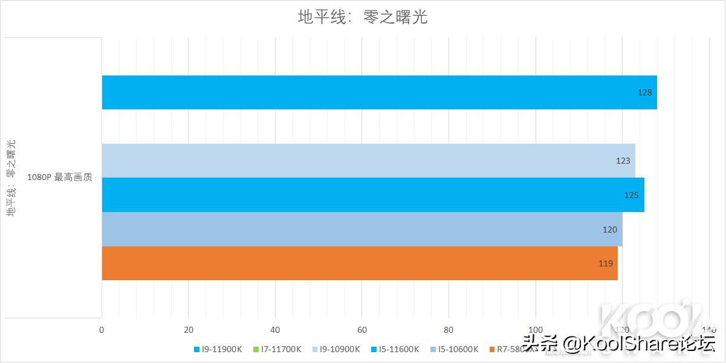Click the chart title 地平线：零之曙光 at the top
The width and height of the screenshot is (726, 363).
pos(363,16)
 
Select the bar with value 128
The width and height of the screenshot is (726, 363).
pos(379,92)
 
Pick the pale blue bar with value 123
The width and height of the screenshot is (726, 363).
pos(368,161)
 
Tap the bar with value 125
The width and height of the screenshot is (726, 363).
pos(372,195)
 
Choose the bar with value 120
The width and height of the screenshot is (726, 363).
pos(361,230)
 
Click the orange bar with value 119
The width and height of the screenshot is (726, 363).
pos(360,263)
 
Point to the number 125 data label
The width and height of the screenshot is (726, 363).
pos(630,195)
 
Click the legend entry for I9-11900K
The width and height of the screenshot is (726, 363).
pos(218,349)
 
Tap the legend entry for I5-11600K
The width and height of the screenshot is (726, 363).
pos(395,349)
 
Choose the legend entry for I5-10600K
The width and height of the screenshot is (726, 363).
pos(455,349)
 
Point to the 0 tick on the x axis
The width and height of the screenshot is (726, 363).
pos(102,330)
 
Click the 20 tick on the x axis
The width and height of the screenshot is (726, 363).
pos(189,330)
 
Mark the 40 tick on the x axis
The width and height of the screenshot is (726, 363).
pos(275,330)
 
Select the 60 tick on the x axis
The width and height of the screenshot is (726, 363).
pos(361,330)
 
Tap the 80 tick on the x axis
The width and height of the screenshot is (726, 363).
pos(449,330)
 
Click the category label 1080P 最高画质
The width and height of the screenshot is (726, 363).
pos(60,178)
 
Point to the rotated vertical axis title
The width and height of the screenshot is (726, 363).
pos(11,178)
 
